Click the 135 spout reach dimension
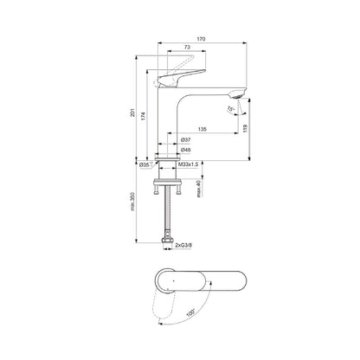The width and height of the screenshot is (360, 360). (x=201, y=130)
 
